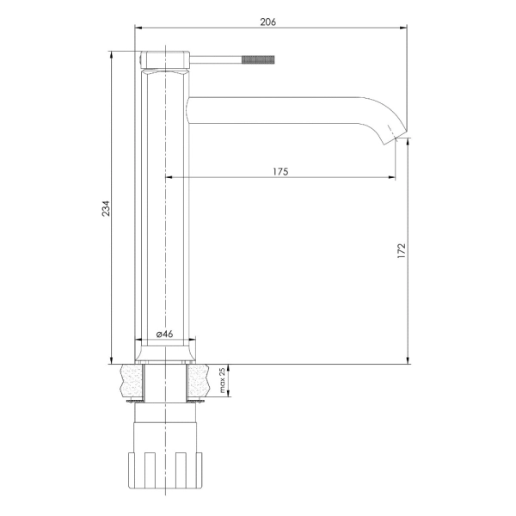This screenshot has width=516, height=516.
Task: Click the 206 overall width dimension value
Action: [268, 22]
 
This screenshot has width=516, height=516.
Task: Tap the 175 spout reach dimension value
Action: [280, 171]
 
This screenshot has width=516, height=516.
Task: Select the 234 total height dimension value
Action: [106, 208]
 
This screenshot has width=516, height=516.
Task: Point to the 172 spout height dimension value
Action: [402, 251]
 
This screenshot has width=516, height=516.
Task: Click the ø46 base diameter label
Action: [164, 334]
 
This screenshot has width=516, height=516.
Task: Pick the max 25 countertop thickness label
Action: [223, 380]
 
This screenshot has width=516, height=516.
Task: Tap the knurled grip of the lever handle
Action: [258, 59]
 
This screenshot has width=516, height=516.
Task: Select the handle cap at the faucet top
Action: [165, 60]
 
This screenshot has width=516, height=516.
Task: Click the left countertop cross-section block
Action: [132, 381]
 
